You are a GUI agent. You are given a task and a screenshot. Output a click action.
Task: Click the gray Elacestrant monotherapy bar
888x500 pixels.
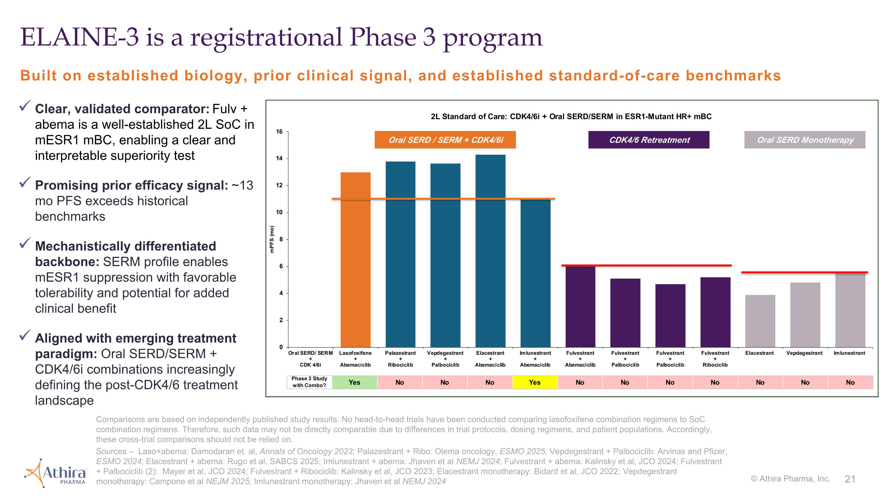(760, 321)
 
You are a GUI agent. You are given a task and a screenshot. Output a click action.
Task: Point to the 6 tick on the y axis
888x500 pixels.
(281, 266)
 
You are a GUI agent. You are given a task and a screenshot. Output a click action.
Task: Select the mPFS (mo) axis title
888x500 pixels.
(272, 239)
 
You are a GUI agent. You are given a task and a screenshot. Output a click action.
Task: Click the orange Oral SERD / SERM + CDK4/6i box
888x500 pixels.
(445, 140)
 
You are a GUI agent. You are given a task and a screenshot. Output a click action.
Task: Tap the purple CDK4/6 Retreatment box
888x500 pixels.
(649, 140)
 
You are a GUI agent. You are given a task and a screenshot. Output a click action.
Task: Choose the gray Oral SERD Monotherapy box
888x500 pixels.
(805, 140)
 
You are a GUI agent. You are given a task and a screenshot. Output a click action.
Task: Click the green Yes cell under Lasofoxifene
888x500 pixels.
(354, 382)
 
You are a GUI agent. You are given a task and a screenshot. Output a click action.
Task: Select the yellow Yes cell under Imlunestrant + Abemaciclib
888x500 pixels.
(535, 382)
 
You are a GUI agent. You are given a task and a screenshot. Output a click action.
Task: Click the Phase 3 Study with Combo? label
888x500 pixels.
(309, 382)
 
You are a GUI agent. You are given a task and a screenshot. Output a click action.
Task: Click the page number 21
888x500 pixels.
(850, 479)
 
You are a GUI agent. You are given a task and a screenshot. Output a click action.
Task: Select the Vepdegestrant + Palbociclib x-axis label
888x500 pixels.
(445, 359)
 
